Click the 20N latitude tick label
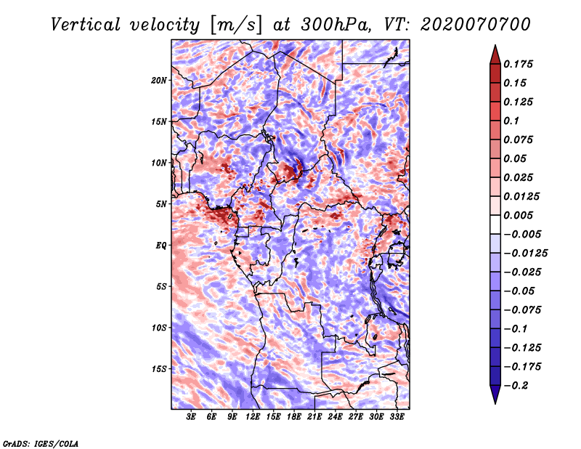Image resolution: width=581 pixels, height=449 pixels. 159,81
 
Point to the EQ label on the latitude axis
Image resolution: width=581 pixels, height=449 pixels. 161,246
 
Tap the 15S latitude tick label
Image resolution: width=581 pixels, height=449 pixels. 159,369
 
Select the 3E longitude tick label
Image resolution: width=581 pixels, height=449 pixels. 191,417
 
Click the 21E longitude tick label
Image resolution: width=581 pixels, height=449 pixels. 314,417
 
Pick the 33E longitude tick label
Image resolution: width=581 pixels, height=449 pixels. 397,417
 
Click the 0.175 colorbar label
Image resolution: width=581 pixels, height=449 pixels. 518,64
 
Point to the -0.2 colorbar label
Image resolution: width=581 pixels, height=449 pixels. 516,386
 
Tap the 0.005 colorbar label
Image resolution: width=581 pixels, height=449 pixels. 518,215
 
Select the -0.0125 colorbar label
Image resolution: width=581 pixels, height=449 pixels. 525,254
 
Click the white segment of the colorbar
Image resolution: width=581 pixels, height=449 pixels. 495,224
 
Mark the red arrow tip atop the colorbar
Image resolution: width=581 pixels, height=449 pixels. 495,46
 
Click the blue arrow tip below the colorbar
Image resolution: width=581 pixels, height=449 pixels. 495,403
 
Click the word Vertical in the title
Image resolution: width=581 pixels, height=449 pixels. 86,25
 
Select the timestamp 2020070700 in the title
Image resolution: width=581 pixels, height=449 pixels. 476,25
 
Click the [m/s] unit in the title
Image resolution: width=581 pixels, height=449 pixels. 236,25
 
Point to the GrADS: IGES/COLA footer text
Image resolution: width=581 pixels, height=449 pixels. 41,444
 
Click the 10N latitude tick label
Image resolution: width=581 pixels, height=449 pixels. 159,163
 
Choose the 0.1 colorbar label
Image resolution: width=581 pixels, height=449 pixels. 511,121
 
